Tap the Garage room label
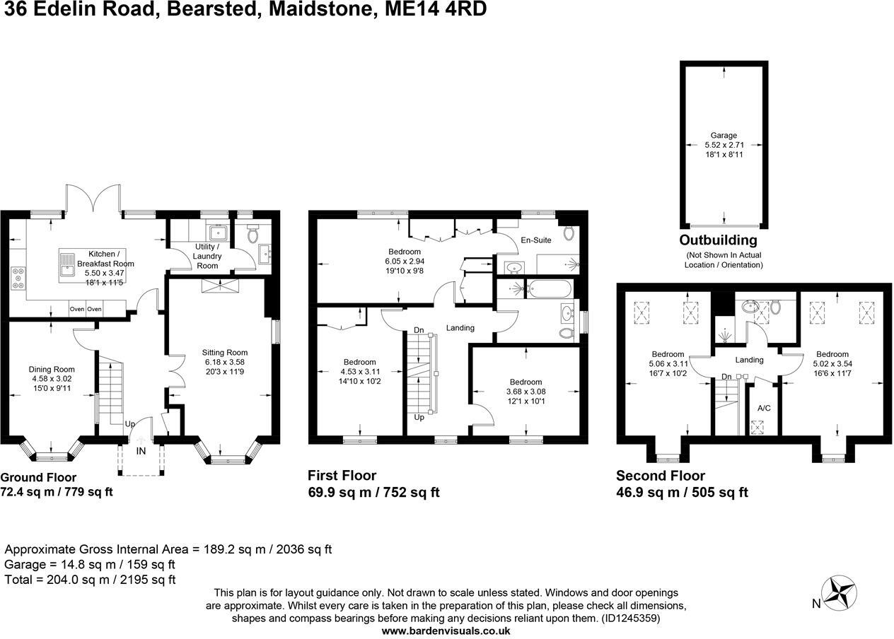(724, 135)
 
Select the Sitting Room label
(225, 352)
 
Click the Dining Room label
(52, 369)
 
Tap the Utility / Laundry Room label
(207, 256)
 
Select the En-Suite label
(535, 240)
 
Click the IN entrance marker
(141, 450)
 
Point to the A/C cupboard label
(764, 408)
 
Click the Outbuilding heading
(718, 240)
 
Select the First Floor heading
(342, 475)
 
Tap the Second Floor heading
(660, 476)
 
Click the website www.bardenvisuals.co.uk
(446, 631)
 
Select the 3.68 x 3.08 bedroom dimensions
(526, 391)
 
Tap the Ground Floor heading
(38, 477)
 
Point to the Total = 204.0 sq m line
(90, 580)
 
